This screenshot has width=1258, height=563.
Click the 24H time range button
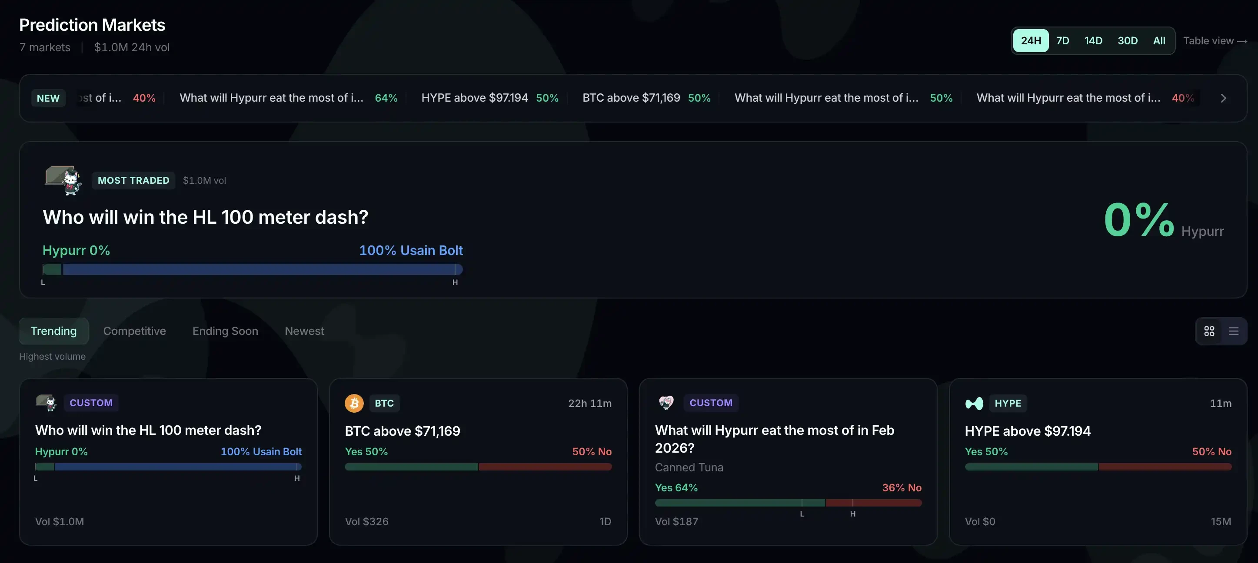click(1030, 40)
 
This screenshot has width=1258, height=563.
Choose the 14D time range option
click(1093, 40)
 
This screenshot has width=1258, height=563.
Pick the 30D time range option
click(1127, 40)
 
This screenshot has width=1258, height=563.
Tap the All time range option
click(1159, 40)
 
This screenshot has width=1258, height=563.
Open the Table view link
click(1215, 41)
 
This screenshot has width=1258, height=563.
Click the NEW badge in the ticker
click(48, 98)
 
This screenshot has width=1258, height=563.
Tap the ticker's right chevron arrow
click(1223, 98)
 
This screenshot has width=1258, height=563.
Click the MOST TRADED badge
click(133, 181)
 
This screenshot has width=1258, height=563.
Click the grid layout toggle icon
click(1209, 331)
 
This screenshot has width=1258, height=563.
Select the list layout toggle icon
click(1233, 331)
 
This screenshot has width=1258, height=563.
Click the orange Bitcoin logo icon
click(354, 403)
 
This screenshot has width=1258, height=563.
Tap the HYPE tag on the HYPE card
click(1008, 403)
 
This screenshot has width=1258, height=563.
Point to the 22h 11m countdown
click(589, 404)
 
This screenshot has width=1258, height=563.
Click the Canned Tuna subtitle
click(689, 467)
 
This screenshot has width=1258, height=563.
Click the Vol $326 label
click(366, 522)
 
